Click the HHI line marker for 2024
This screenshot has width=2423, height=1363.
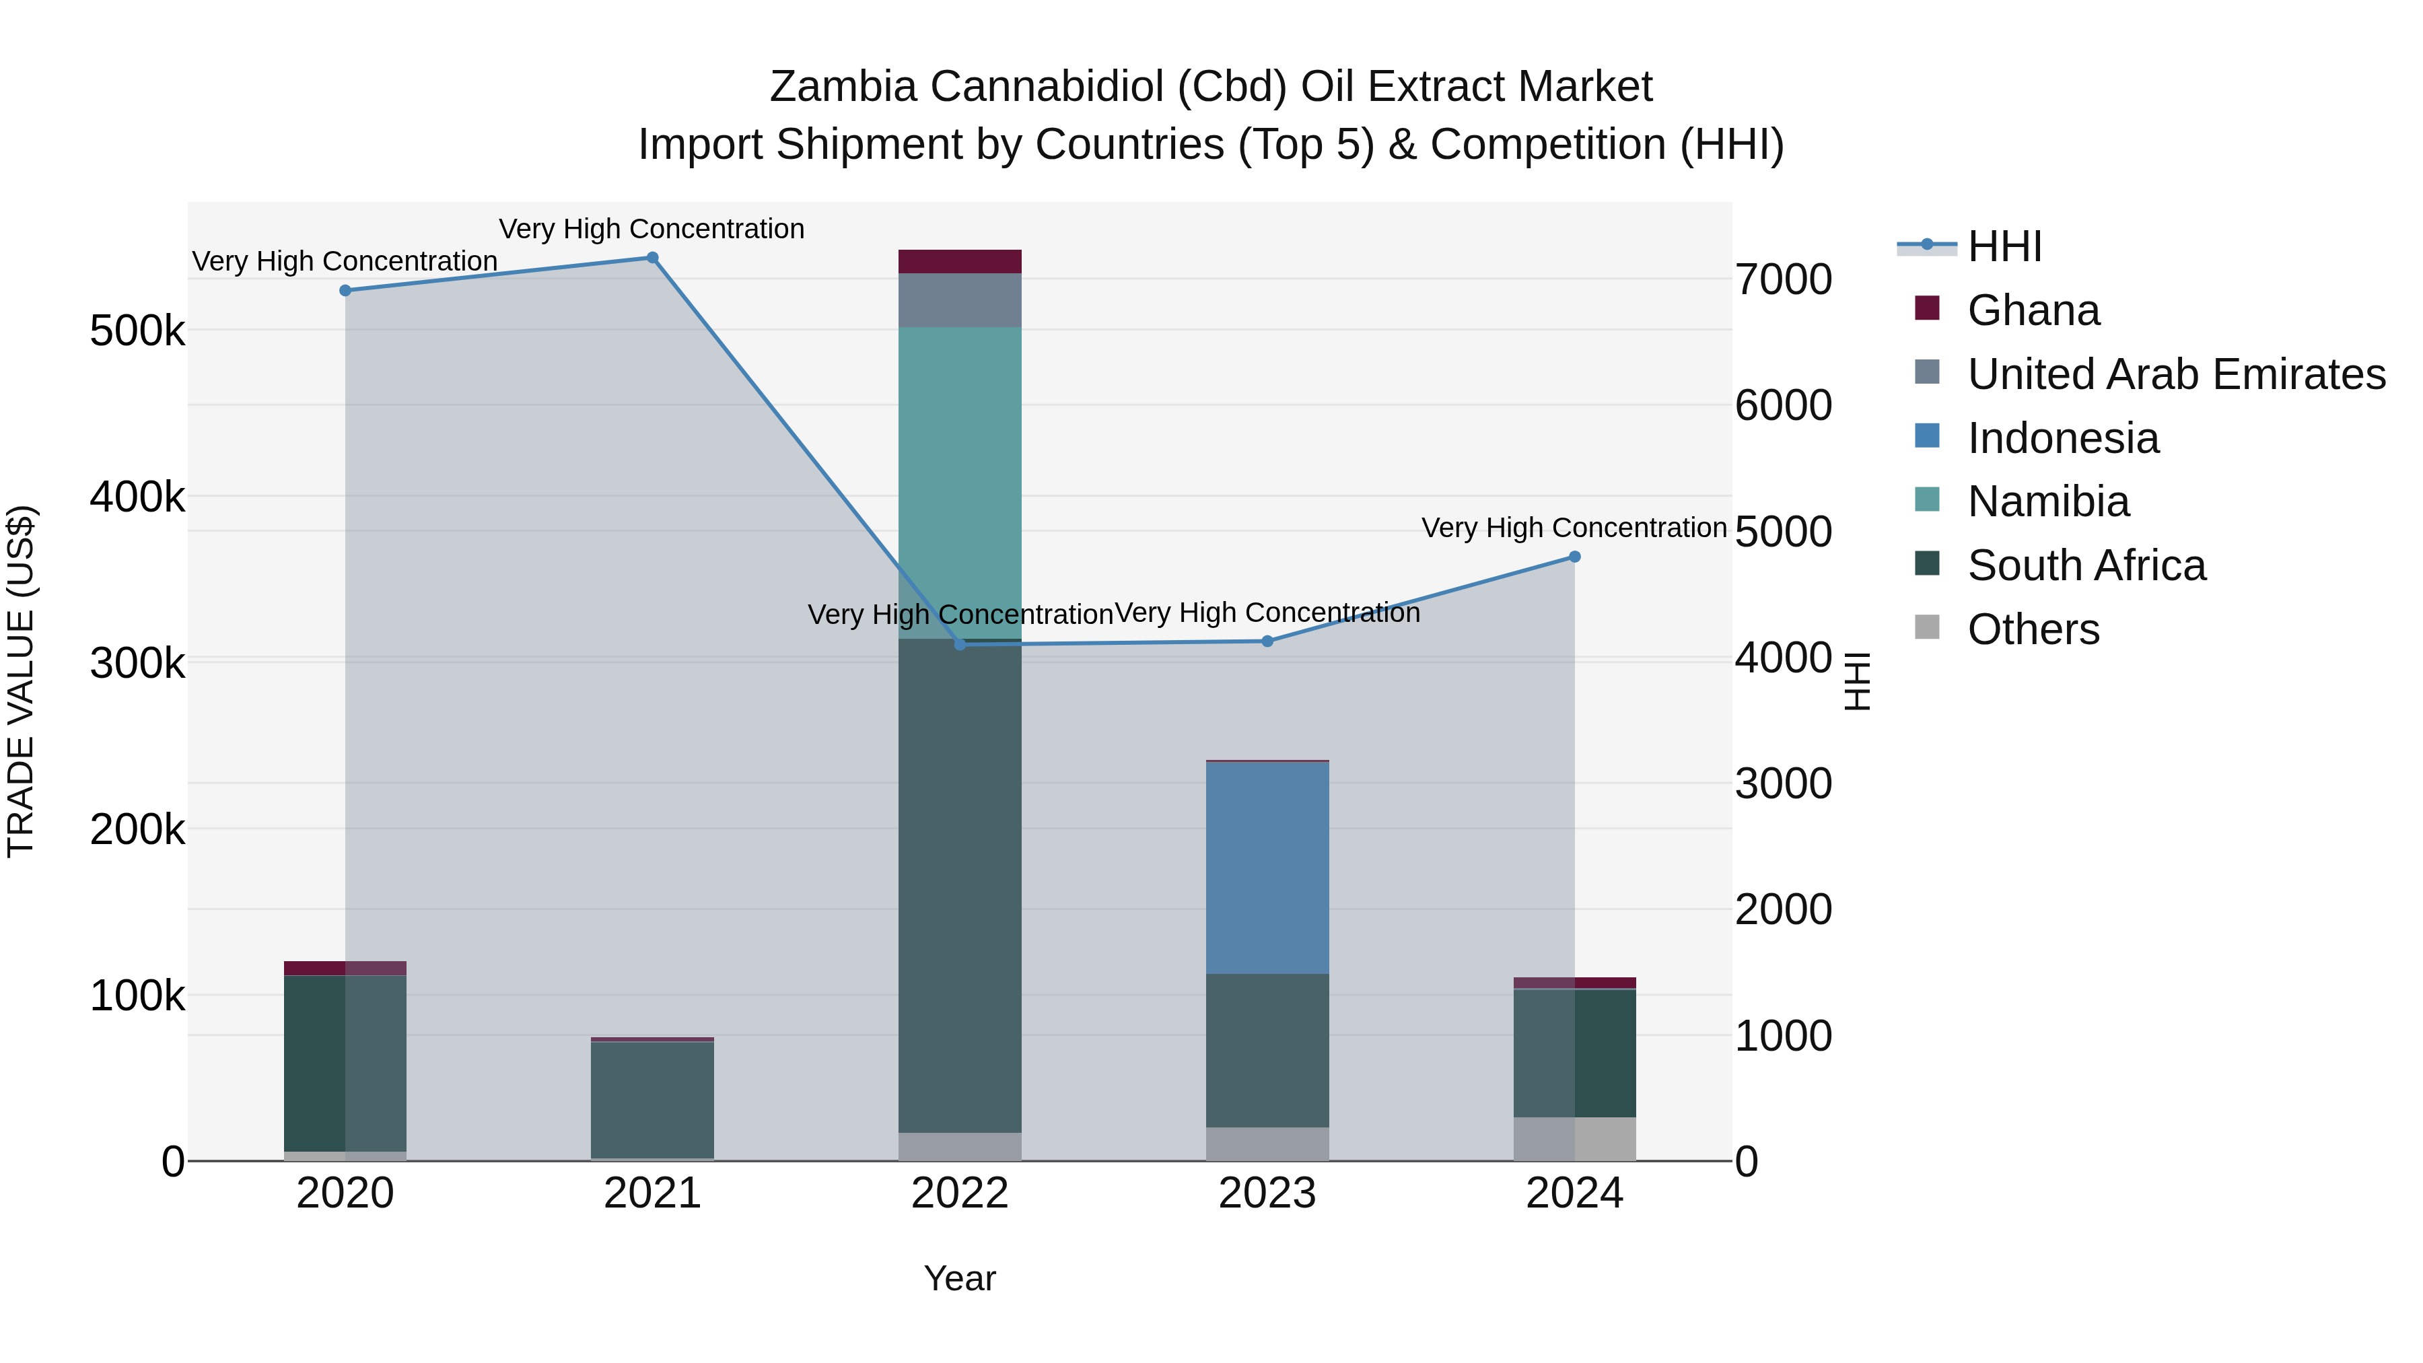(x=1574, y=557)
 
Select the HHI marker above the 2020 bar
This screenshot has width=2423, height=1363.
(x=345, y=291)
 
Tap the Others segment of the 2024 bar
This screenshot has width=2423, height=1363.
(x=1574, y=1138)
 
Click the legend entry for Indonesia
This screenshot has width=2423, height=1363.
(x=2063, y=438)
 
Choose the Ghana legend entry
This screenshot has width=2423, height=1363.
(x=2033, y=310)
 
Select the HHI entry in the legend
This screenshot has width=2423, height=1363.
(x=2004, y=246)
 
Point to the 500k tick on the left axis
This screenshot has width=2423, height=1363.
(x=137, y=331)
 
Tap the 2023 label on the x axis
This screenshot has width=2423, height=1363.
(x=1267, y=1193)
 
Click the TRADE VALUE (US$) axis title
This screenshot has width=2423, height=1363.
(x=21, y=681)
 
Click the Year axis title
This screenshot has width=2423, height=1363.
(x=959, y=1278)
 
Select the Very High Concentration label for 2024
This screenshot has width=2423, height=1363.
(x=1574, y=528)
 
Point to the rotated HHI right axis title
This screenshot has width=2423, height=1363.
(x=1857, y=681)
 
